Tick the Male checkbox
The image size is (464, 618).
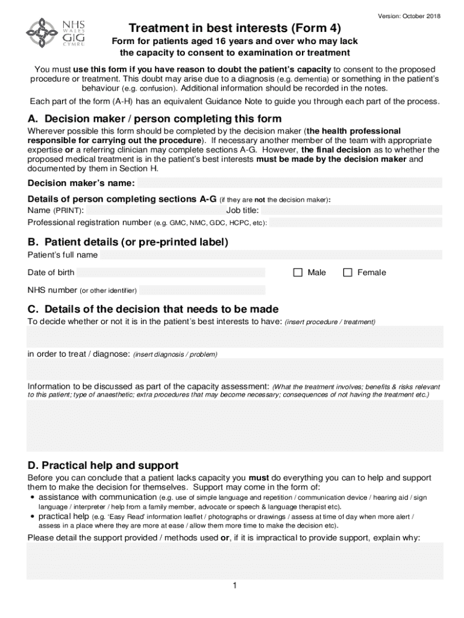[298, 273]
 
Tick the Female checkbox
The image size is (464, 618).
[348, 273]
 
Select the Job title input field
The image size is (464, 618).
[351, 211]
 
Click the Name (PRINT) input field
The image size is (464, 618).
[154, 211]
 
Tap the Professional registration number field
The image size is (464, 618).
[356, 223]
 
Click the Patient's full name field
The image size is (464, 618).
[271, 255]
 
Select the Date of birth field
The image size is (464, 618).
[171, 273]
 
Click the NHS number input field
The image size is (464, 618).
[202, 290]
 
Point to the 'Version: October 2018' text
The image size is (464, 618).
[409, 16]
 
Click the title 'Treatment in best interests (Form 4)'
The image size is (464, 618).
[234, 28]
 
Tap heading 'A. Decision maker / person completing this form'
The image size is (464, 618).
[154, 119]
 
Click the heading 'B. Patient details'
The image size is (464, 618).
[128, 242]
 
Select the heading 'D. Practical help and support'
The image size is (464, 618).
[102, 465]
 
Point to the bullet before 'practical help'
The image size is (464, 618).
[32, 517]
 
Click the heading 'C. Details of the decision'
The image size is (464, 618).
[153, 309]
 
